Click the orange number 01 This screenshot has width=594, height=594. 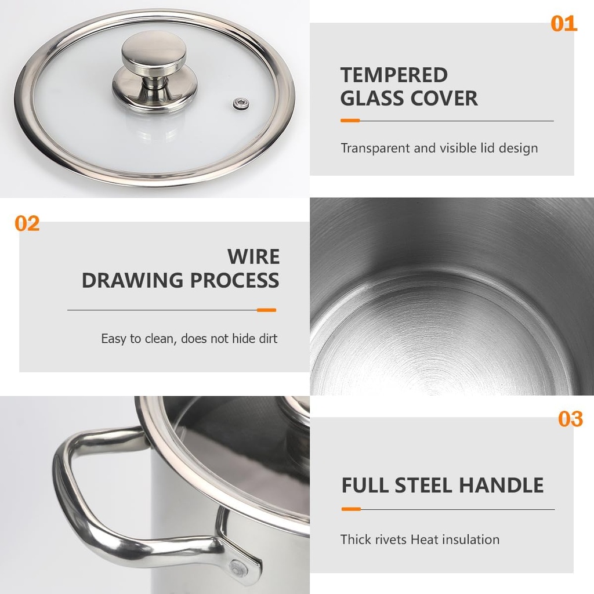tap(564, 23)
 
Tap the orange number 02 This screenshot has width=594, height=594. tap(27, 223)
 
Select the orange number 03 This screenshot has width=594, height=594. tap(570, 419)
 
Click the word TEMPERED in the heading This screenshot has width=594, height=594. tap(394, 75)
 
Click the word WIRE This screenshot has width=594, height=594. tap(253, 256)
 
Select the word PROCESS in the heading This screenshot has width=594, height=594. tap(234, 280)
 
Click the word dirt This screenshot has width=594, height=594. tap(268, 338)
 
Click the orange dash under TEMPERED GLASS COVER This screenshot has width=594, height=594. tap(350, 121)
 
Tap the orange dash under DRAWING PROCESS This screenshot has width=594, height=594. tap(266, 310)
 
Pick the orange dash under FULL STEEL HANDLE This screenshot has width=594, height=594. tap(351, 509)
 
